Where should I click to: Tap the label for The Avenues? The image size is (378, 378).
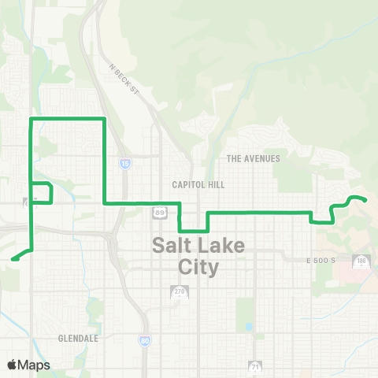click(x=253, y=158)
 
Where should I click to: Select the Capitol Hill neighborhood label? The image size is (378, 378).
click(x=198, y=184)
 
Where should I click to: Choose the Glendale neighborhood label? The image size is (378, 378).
click(x=77, y=338)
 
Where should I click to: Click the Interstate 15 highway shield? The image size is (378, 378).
click(x=125, y=164)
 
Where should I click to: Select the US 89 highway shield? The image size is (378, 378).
click(x=161, y=213)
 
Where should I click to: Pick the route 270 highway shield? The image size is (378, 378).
click(x=176, y=293)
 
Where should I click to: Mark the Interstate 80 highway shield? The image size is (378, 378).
click(x=145, y=340)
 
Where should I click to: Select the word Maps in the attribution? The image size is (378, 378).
click(x=34, y=365)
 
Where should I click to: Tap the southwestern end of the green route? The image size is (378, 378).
click(x=13, y=258)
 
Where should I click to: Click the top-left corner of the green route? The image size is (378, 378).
click(x=31, y=119)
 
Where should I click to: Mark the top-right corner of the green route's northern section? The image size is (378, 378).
click(x=104, y=119)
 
